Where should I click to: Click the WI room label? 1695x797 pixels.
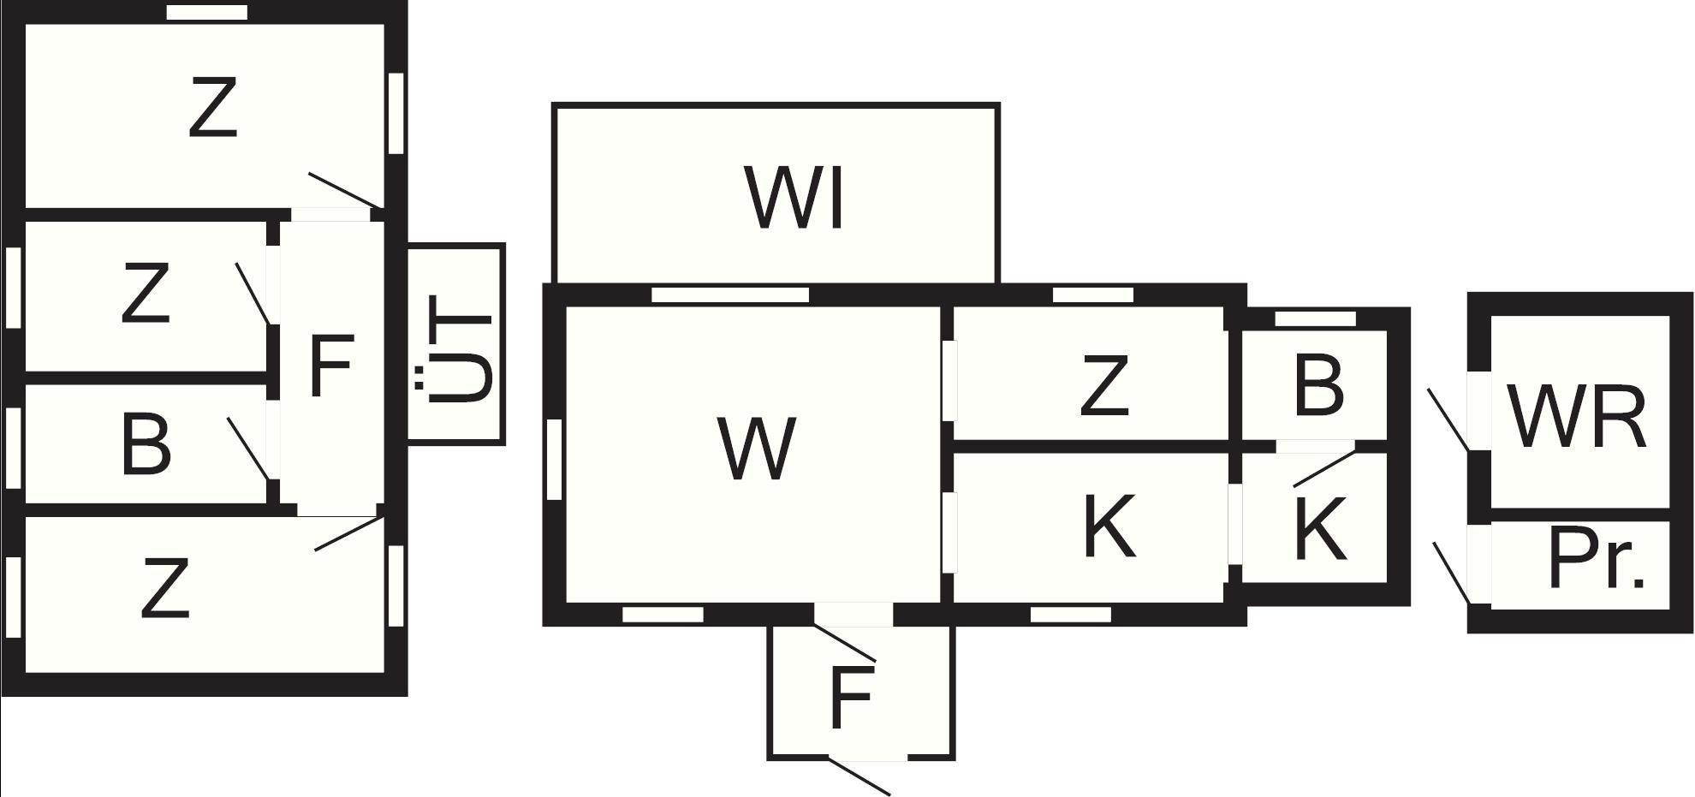[x=796, y=199]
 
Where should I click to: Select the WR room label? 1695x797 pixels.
[x=1577, y=417]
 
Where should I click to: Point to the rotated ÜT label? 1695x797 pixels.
[x=459, y=348]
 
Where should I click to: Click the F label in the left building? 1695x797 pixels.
[x=330, y=366]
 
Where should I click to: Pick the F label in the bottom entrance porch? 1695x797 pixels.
[x=851, y=696]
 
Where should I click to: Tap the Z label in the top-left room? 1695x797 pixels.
[x=212, y=107]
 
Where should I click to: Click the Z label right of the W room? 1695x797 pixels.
[x=1104, y=387]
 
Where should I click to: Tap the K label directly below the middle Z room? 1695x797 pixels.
[x=1110, y=526]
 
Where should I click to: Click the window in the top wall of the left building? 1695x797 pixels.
[x=207, y=12]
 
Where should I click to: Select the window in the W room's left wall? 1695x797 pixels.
[x=554, y=459]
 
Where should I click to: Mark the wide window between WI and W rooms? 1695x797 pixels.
[x=730, y=295]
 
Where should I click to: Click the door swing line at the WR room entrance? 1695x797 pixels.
[x=1448, y=419]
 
